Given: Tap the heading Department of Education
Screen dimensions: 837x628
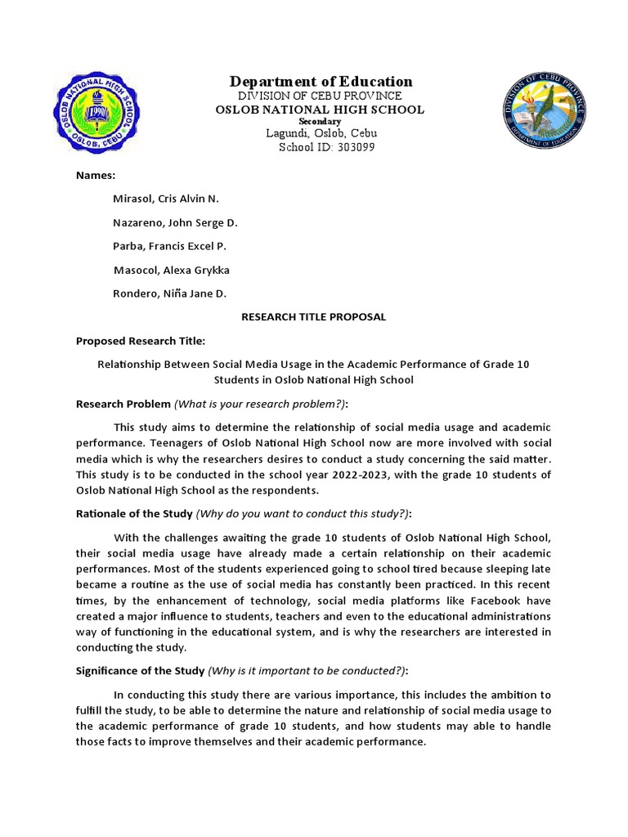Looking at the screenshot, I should click(x=321, y=81).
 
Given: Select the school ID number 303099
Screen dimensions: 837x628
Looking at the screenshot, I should click(x=348, y=148).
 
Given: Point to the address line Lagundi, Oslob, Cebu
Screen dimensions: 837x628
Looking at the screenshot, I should click(x=320, y=134).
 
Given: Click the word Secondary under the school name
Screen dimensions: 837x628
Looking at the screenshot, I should click(x=320, y=121).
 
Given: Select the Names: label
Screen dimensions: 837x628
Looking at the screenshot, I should click(x=96, y=176).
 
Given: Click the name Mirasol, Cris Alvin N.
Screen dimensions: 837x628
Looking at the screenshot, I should click(x=166, y=199).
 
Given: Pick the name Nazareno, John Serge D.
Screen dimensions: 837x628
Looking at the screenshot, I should click(x=175, y=222).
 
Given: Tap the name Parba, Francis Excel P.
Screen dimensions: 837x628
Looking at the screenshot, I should click(x=169, y=246).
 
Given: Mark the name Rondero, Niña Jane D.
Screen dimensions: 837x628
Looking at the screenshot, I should click(x=169, y=293).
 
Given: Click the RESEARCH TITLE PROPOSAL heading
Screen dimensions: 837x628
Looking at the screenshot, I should click(x=313, y=317).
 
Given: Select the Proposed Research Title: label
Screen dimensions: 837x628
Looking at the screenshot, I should click(x=141, y=341).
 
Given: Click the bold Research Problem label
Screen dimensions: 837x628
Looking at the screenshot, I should click(x=123, y=404).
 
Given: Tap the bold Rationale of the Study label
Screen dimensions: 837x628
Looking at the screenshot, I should click(x=134, y=513).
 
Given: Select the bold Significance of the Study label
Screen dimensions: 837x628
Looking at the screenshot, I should click(x=140, y=671).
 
